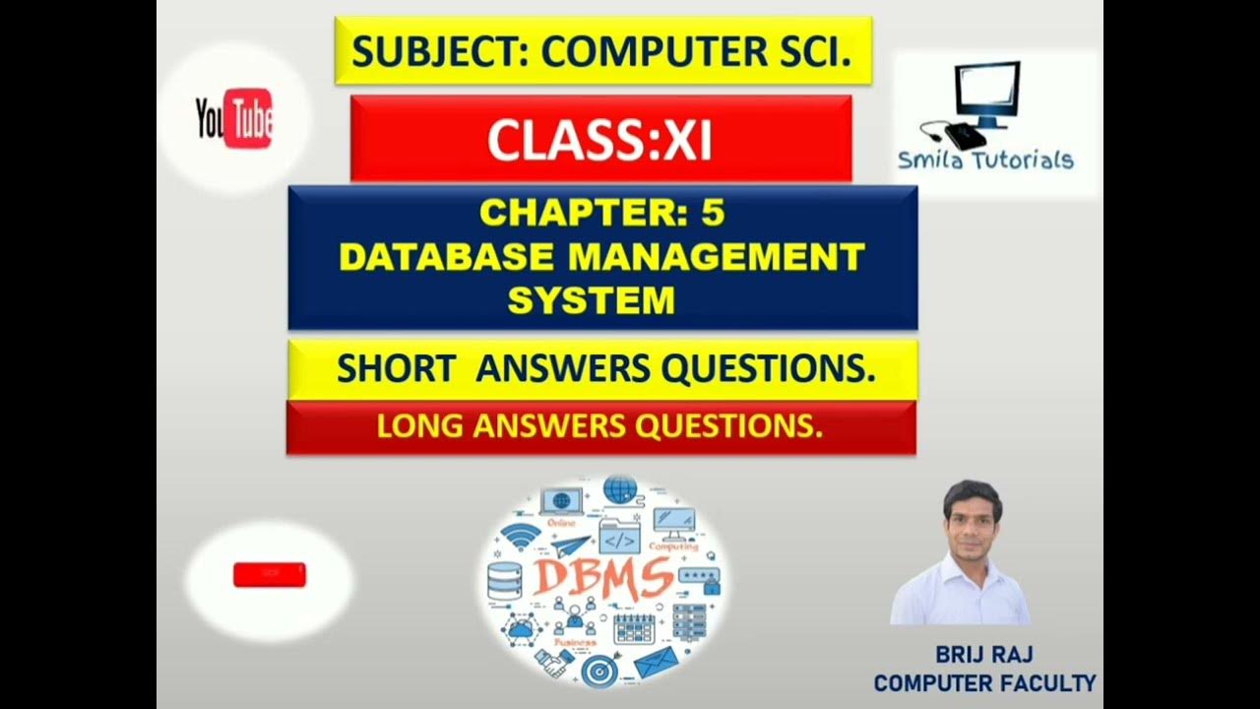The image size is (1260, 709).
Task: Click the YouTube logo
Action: point(234,119)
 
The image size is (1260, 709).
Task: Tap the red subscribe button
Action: point(269,575)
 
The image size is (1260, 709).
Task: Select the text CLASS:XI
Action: point(599,141)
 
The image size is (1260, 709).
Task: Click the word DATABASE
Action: point(447,257)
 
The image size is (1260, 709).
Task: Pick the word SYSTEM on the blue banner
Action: point(591,300)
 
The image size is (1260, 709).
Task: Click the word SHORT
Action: point(395,369)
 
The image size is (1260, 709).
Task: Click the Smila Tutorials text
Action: point(984,161)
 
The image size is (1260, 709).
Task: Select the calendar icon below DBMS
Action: point(634,627)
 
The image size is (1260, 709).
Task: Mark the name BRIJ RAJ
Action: point(984,655)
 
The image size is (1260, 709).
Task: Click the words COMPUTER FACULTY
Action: point(984,681)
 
